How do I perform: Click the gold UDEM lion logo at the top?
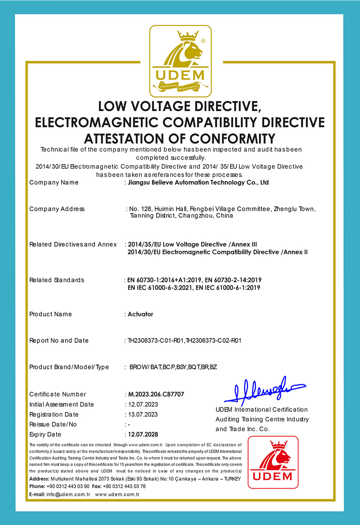(180, 61)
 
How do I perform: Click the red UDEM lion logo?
(273, 462)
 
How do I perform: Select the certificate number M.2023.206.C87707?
(156, 394)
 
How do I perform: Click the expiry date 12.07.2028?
(143, 434)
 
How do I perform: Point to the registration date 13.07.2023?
(143, 415)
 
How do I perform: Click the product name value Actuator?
(140, 314)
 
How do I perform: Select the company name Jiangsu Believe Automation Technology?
(198, 182)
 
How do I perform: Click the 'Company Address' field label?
(57, 209)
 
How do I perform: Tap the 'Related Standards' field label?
(57, 280)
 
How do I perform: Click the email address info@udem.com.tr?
(68, 494)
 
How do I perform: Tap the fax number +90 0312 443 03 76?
(124, 486)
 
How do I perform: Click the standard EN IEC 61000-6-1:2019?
(228, 288)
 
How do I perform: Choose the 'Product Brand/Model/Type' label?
(69, 367)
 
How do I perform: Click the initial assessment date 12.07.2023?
(143, 404)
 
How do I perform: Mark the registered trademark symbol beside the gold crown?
(203, 41)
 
